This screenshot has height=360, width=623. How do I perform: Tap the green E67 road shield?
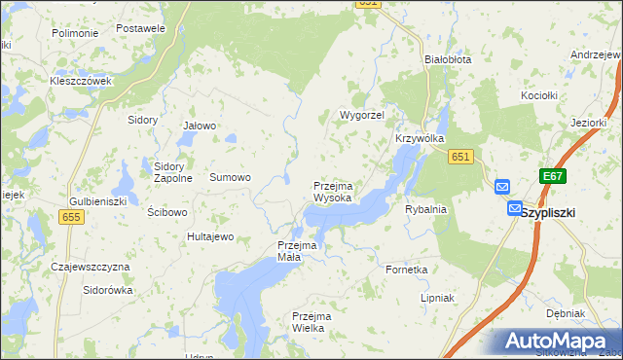(553, 176)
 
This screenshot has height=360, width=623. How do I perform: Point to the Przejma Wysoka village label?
(333, 192)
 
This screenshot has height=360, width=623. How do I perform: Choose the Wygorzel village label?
(362, 115)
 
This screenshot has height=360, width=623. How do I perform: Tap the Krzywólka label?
(420, 139)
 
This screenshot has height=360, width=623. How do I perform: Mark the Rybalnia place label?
(425, 209)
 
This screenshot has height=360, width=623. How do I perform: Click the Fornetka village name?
(407, 270)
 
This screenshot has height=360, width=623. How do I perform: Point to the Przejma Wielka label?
(312, 323)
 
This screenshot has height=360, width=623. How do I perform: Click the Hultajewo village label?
(211, 236)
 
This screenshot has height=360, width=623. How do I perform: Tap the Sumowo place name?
(231, 178)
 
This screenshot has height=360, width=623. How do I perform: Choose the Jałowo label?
(200, 126)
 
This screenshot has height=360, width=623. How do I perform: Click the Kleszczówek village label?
(81, 81)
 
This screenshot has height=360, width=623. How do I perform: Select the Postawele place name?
(140, 28)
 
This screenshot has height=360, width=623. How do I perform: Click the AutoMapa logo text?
(559, 342)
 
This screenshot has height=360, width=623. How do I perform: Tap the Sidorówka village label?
(107, 290)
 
